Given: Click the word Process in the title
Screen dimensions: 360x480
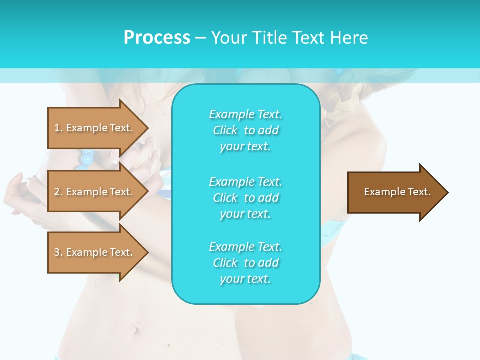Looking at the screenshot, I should point(157,38).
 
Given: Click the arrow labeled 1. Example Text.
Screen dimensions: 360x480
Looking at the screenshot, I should point(95,128).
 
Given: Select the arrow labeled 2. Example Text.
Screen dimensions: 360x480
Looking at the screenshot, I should point(95,192).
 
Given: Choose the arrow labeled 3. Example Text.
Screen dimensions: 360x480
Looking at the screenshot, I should point(95,252).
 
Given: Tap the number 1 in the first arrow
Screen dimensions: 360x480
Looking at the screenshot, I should point(57,128).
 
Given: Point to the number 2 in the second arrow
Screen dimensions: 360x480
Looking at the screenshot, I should point(57,192).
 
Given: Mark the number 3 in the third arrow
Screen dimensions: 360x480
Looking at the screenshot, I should point(57,252).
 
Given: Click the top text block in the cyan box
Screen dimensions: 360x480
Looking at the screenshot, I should point(245,130).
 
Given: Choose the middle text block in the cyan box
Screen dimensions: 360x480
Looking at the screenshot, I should point(245,198).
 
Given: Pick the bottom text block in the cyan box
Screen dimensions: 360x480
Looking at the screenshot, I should point(245,263).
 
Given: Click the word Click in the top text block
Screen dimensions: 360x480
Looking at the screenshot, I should point(225,130).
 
